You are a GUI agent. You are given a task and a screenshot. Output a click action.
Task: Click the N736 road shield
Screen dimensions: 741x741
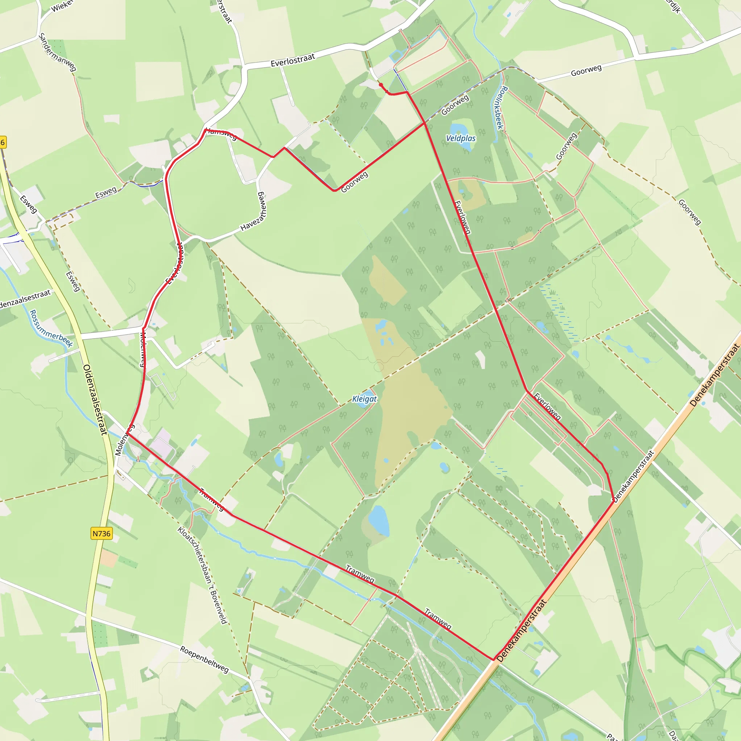coord(102,534)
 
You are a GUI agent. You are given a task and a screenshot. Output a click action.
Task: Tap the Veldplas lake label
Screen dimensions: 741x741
coord(461,139)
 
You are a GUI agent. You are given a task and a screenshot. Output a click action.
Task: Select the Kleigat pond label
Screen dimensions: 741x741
coord(364,399)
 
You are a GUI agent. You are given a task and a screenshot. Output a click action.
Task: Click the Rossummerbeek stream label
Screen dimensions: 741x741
coord(51,329)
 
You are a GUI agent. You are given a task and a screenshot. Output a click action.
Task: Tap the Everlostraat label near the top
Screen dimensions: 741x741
coord(293,60)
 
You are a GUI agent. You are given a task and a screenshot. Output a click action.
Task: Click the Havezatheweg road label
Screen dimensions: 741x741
coord(254,211)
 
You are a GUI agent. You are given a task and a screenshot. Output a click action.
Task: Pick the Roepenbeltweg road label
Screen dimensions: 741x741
coord(204,660)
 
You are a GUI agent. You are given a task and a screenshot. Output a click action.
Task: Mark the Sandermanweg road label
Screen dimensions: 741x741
coord(57,52)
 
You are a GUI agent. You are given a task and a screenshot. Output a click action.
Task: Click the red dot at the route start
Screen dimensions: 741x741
coord(381,85)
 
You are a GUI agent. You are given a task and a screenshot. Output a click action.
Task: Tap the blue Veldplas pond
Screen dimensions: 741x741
coord(457,130)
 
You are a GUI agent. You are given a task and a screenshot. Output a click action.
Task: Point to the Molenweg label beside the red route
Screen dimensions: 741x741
coord(142,349)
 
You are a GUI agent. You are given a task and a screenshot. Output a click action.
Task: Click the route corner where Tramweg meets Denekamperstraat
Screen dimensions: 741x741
coord(493,660)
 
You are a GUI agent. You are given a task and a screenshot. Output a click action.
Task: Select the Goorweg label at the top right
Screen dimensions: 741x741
coord(586,70)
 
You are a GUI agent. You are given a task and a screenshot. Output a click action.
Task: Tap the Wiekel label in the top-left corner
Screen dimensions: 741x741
coord(62,6)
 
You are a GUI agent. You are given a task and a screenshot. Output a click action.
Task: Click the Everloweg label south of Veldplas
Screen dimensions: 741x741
coord(462,217)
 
